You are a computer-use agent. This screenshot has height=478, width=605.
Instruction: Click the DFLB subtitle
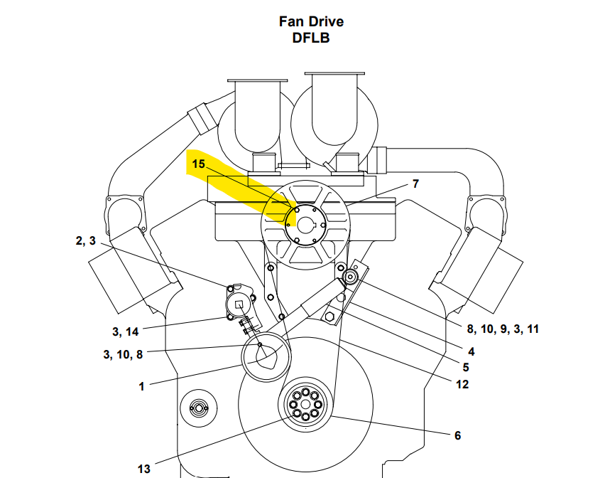(x=310, y=38)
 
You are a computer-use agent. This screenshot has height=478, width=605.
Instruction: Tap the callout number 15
(x=198, y=164)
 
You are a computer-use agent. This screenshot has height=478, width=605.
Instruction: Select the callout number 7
(x=415, y=184)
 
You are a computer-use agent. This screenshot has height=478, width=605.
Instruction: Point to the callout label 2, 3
(x=85, y=240)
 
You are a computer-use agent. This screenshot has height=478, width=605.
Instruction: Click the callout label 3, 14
(x=125, y=331)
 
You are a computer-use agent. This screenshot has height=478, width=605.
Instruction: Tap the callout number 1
(x=141, y=386)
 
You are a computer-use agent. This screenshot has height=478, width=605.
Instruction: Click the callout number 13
(x=144, y=468)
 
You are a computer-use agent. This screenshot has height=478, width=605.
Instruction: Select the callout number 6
(x=457, y=435)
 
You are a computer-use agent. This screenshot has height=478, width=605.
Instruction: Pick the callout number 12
(x=463, y=384)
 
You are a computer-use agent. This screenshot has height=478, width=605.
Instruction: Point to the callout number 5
(x=466, y=368)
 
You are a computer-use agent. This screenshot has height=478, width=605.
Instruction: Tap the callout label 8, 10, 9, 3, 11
(x=503, y=329)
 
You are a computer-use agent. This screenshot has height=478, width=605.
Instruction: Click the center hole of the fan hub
(x=305, y=226)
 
